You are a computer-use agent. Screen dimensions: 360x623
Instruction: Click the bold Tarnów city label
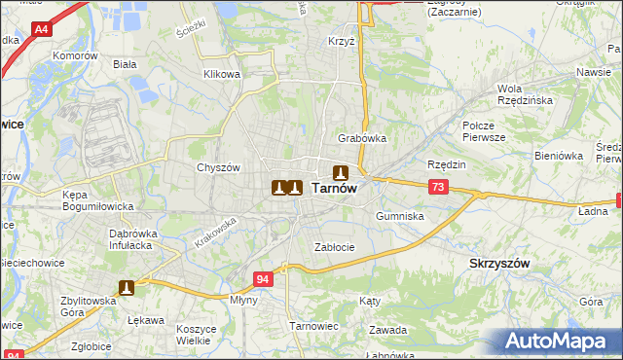[x=334, y=190]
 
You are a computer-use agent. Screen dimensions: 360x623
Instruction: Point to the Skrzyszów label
[x=498, y=264]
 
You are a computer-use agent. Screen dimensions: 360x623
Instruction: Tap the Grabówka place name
[x=362, y=138]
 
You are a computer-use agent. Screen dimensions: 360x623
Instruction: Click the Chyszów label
[x=218, y=167]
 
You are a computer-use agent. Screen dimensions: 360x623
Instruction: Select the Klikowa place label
[x=221, y=74]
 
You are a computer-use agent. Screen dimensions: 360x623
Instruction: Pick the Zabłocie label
[x=333, y=247]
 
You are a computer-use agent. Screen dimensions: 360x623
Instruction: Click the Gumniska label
[x=399, y=216]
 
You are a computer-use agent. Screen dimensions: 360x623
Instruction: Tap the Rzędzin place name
[x=447, y=164]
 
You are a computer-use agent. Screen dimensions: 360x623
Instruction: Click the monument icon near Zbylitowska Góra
[x=127, y=287]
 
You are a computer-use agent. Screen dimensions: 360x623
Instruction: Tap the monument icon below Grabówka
[x=341, y=171]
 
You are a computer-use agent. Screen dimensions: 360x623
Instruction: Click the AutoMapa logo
[x=560, y=341]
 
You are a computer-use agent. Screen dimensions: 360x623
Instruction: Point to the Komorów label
[x=77, y=56]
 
